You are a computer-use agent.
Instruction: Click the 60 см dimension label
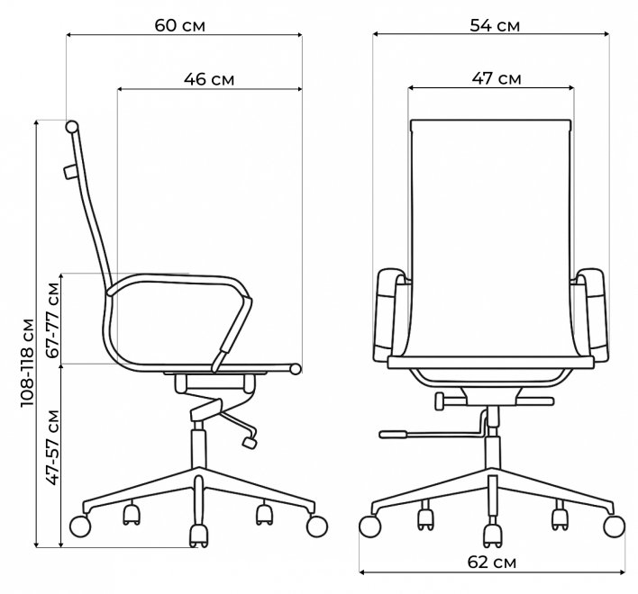tap(180, 25)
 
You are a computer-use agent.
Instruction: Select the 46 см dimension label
tap(209, 79)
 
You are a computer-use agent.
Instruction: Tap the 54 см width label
tap(495, 25)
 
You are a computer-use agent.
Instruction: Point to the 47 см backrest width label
tap(497, 78)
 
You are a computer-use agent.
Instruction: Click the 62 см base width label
tap(492, 562)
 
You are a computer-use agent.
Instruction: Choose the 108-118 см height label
tap(27, 363)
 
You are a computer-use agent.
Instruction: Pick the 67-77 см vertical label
tap(52, 319)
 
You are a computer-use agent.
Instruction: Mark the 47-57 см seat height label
tap(52, 447)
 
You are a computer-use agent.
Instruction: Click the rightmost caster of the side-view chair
tap(317, 526)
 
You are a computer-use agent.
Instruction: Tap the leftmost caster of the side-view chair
tap(80, 526)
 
